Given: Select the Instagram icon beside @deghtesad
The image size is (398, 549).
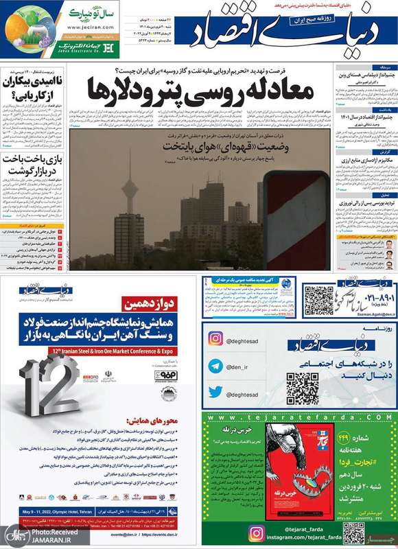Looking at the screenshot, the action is tap(217, 338).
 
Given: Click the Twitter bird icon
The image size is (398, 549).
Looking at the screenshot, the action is tap(217, 392).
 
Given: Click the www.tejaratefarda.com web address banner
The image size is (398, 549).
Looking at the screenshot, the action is tap(300, 417).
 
